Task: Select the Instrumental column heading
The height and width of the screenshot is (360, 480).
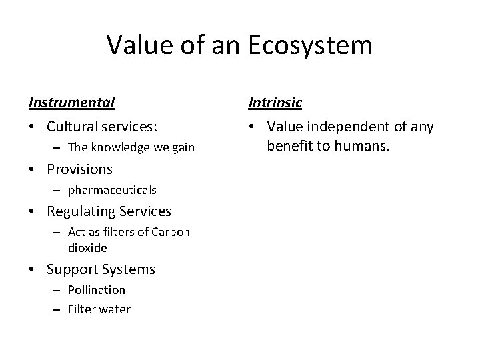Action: tap(71, 103)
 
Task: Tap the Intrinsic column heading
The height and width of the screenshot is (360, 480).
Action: tap(275, 103)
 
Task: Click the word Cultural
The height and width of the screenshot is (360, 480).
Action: tap(73, 127)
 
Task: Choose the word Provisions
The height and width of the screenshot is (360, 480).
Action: tap(79, 169)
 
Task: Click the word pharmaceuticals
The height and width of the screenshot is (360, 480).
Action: tap(112, 190)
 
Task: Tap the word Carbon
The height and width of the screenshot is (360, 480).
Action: tap(172, 232)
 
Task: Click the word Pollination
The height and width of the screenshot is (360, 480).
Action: tap(97, 290)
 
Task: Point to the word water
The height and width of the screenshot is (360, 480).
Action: tap(115, 309)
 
